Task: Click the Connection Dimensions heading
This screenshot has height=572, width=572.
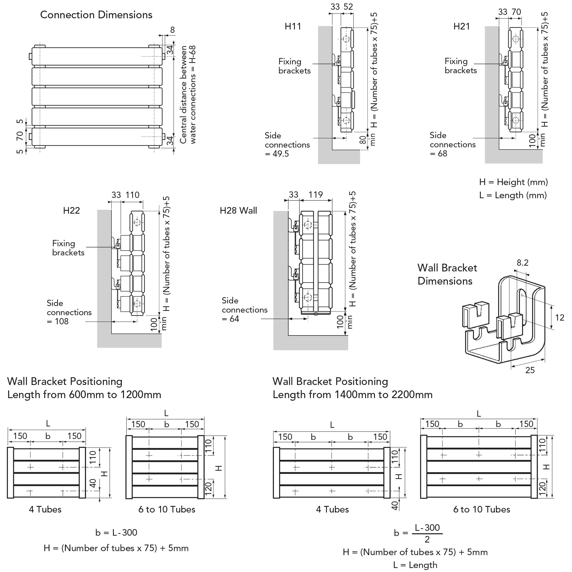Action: tap(96, 15)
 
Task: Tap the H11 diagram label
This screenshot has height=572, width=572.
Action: tap(293, 26)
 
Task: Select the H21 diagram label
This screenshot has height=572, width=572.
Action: tap(462, 26)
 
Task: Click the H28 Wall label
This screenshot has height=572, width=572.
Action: tap(238, 210)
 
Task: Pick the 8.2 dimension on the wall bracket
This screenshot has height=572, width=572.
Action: tap(523, 263)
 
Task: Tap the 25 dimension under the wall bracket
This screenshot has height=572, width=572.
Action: tap(530, 370)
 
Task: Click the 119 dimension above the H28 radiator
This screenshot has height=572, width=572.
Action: tap(316, 194)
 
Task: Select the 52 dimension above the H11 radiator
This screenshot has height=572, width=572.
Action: tap(348, 7)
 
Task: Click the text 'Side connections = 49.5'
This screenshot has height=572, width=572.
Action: tap(287, 144)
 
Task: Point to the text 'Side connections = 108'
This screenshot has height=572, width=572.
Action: tap(69, 312)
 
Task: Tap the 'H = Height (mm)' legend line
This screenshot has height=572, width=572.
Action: tap(513, 182)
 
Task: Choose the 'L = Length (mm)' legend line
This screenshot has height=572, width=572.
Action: tap(513, 195)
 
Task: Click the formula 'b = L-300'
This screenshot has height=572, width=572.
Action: tap(116, 533)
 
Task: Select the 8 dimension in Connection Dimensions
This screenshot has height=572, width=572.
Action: tap(172, 30)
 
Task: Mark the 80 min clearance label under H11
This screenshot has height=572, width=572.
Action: tap(368, 140)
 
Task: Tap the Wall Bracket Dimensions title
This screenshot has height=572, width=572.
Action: tap(447, 275)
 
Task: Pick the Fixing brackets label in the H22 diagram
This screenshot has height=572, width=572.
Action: tap(68, 248)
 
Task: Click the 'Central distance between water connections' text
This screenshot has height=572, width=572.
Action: tap(188, 94)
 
